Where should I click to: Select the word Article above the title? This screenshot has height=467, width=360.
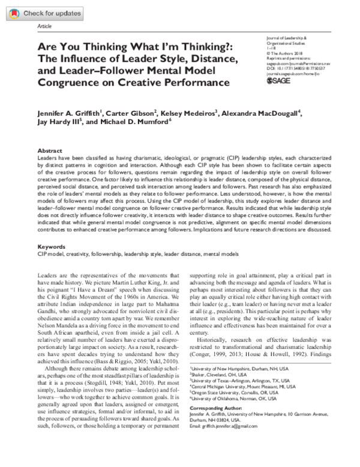click(45, 27)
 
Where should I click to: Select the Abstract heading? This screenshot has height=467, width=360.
click(50, 151)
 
